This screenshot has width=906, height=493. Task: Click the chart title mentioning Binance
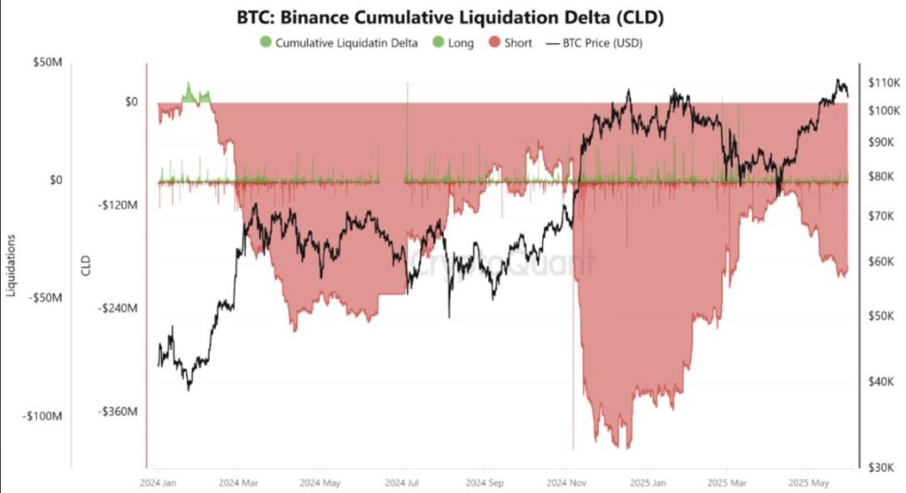[452, 17]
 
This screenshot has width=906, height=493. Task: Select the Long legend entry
[460, 42]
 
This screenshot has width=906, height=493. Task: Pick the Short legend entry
[518, 42]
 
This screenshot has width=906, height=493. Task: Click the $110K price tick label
[885, 82]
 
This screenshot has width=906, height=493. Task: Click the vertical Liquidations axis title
[12, 265]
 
